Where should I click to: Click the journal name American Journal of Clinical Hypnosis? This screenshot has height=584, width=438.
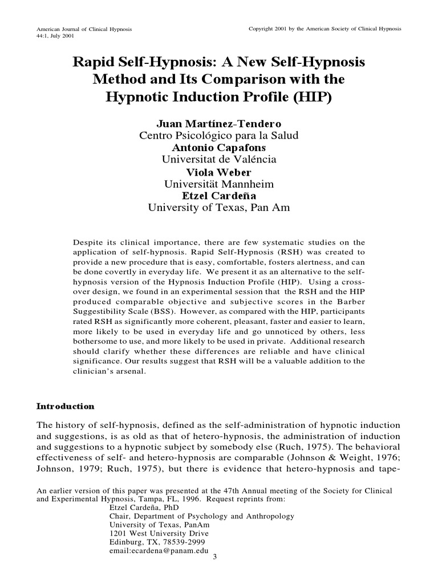pos(84,29)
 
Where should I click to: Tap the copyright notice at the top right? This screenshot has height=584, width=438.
pos(325,29)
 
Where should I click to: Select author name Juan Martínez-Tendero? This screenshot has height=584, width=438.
pos(218,124)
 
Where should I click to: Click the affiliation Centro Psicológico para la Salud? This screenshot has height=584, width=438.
pos(218,136)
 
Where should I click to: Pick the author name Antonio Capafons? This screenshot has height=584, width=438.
pos(218,148)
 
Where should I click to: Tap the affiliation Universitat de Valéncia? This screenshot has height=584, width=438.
pos(218,160)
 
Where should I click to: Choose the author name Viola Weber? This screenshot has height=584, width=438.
pos(218,172)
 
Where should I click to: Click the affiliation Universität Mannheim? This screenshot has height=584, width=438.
pos(218,184)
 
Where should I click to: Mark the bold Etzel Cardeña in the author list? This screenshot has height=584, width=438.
pos(218,196)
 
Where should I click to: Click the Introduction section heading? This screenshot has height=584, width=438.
pos(65,407)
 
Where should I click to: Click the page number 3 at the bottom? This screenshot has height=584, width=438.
pos(214,557)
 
